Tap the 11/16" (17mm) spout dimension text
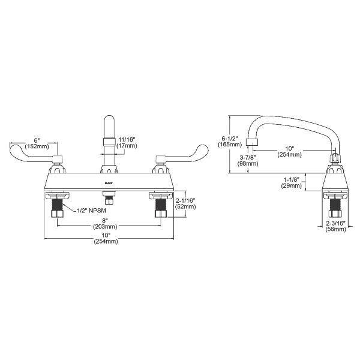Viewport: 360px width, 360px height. click(127, 141)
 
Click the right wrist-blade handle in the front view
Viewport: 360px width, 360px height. click(186, 150)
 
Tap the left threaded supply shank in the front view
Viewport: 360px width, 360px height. click(57, 211)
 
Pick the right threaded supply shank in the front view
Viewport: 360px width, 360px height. click(160, 211)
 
